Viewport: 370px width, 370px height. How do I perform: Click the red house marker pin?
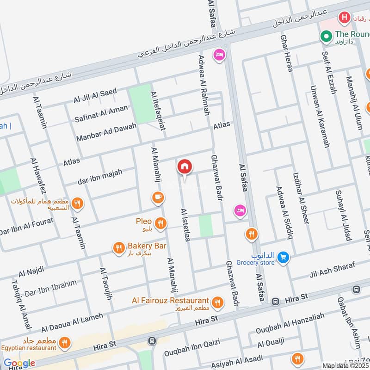click(x=184, y=167)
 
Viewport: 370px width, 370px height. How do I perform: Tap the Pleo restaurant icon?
click(x=160, y=224)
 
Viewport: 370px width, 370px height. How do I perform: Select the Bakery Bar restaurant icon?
click(x=119, y=248)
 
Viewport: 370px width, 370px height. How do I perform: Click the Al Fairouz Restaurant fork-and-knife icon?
click(x=217, y=303)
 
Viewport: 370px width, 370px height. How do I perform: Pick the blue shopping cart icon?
click(x=284, y=258)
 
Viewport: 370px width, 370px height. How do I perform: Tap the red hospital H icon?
click(x=344, y=18)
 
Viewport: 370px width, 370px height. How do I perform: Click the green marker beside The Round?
click(x=327, y=36)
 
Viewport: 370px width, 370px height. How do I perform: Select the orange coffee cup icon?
click(x=158, y=198)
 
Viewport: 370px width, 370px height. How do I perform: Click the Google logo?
click(x=19, y=364)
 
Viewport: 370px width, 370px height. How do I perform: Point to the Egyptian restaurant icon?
click(x=64, y=343)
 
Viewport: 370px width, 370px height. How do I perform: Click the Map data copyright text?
click(x=346, y=365)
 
